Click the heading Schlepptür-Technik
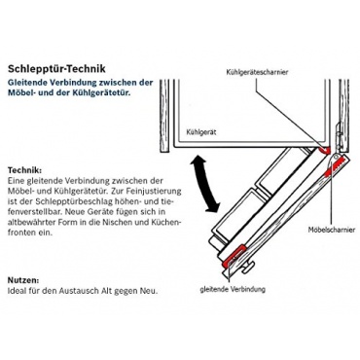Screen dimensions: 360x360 tap(56, 69)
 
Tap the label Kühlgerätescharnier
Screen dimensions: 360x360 tap(257, 72)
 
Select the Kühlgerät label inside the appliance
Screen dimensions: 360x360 tap(201, 132)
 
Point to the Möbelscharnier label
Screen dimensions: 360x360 tap(332, 230)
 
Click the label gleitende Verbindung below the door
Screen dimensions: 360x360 tap(233, 289)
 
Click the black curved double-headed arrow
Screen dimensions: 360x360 tap(204, 184)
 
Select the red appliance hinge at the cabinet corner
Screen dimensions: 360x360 tap(324, 150)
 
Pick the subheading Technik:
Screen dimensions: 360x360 tap(24, 170)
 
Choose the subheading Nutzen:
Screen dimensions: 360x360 tap(23, 280)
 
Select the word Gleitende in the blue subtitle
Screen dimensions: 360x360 tap(26, 83)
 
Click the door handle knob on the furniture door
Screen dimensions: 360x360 tap(249, 267)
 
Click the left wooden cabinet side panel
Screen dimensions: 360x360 tap(164, 116)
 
